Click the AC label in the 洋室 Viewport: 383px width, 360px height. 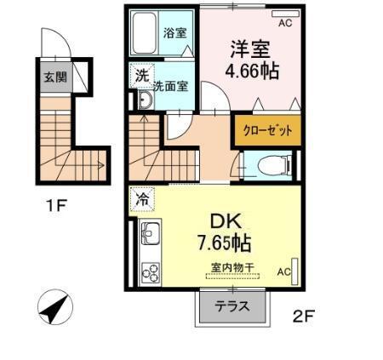284,23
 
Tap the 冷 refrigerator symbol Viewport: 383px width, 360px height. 140,201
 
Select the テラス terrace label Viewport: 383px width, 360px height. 232,308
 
